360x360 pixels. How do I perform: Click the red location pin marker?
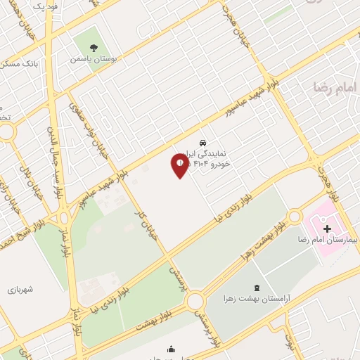pos(179,165)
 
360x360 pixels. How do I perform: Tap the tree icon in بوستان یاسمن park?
pos(93,47)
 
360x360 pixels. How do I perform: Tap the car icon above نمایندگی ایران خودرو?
pos(203,141)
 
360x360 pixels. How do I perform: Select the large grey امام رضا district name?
pos(336,87)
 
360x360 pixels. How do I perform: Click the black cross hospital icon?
pos(326,228)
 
